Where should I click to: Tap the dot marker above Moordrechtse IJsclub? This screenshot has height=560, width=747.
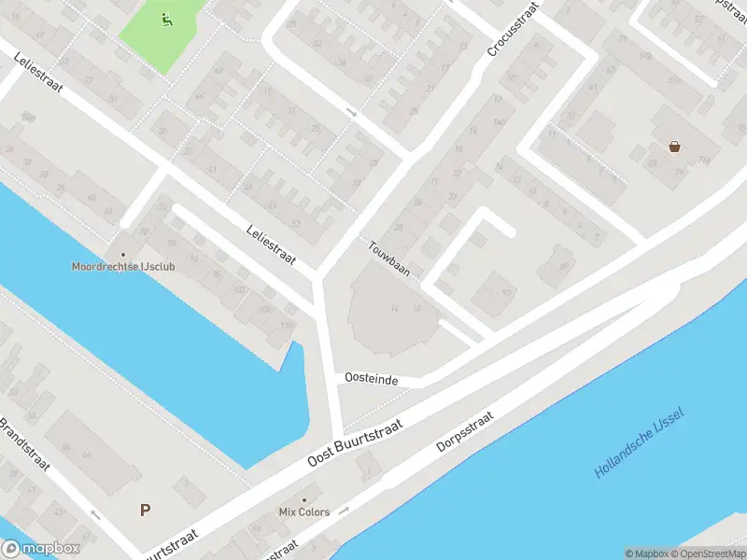(121, 254)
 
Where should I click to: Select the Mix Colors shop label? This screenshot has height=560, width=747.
(303, 512)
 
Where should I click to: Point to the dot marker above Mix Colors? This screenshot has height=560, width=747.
(303, 500)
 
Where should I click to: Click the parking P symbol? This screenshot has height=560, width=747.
(145, 511)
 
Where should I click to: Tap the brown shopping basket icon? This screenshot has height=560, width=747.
(674, 146)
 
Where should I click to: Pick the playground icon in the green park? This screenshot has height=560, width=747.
(166, 18)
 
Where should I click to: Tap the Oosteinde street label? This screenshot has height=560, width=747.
(372, 379)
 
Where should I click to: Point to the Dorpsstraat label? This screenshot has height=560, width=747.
(464, 433)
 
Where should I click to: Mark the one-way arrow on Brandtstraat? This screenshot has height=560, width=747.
(94, 513)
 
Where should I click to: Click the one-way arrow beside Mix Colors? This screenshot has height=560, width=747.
(345, 511)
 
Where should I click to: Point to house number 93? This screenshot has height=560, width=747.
(508, 292)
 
